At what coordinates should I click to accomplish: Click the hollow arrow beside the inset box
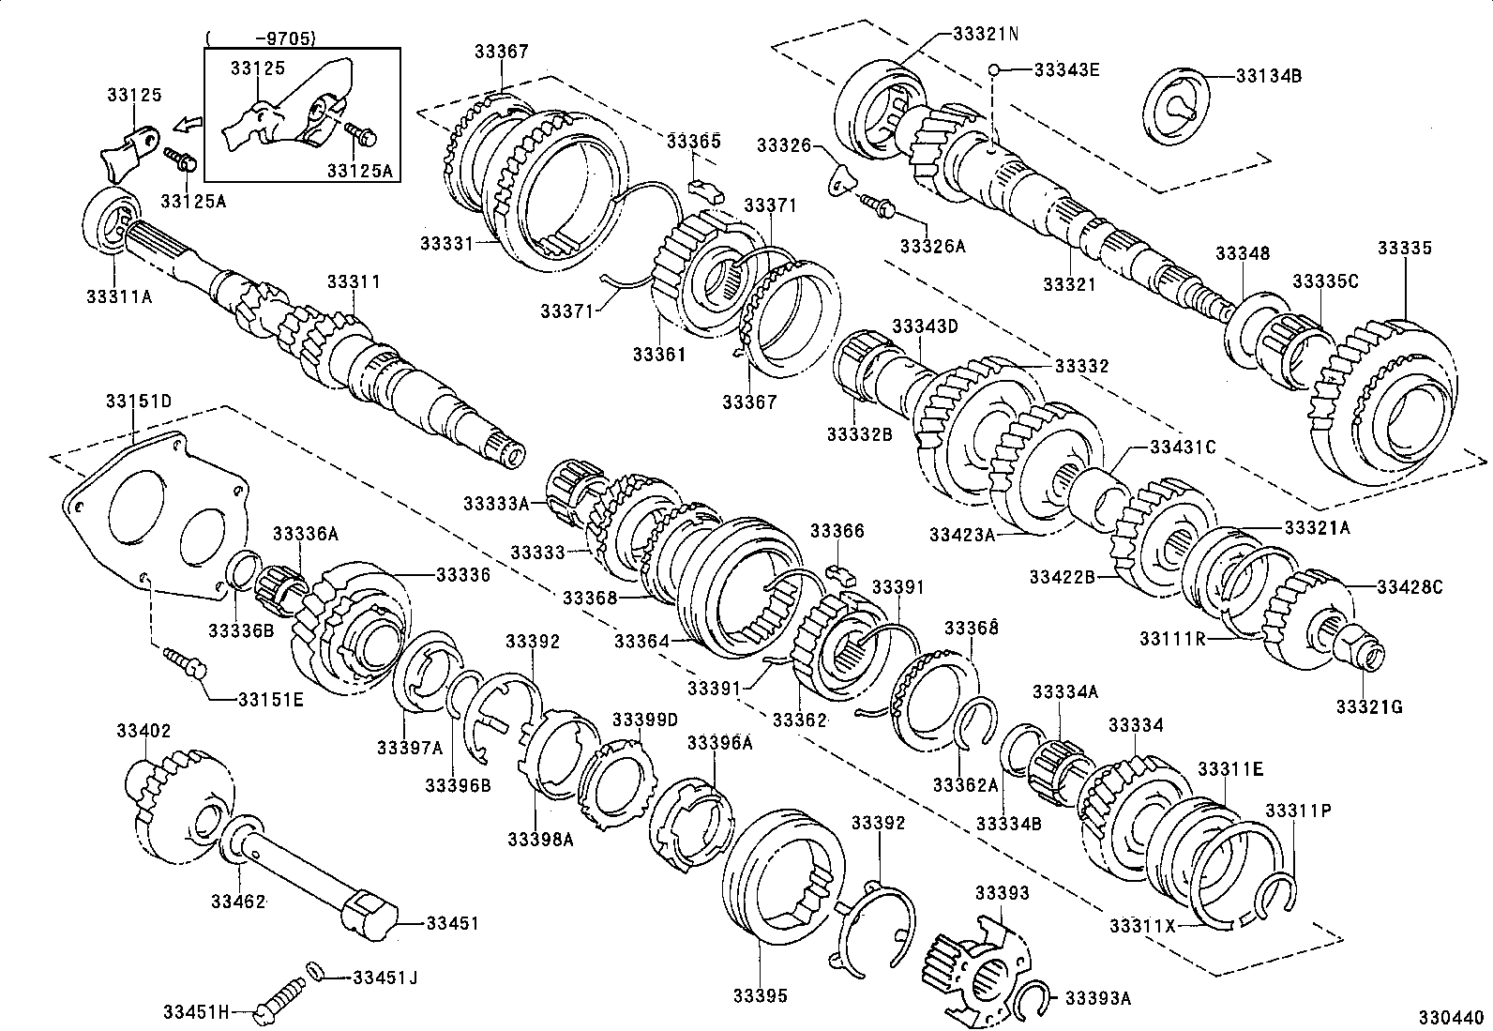(x=189, y=124)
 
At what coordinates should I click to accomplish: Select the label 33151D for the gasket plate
(x=138, y=401)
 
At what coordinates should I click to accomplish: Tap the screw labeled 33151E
(x=185, y=660)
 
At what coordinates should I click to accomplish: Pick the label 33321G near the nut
(x=1369, y=706)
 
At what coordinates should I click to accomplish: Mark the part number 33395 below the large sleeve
(x=761, y=996)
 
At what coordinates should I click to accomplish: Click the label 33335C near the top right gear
(x=1325, y=280)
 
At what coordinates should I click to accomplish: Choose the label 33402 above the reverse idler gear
(x=143, y=731)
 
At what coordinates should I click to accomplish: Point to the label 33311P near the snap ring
(x=1298, y=811)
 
